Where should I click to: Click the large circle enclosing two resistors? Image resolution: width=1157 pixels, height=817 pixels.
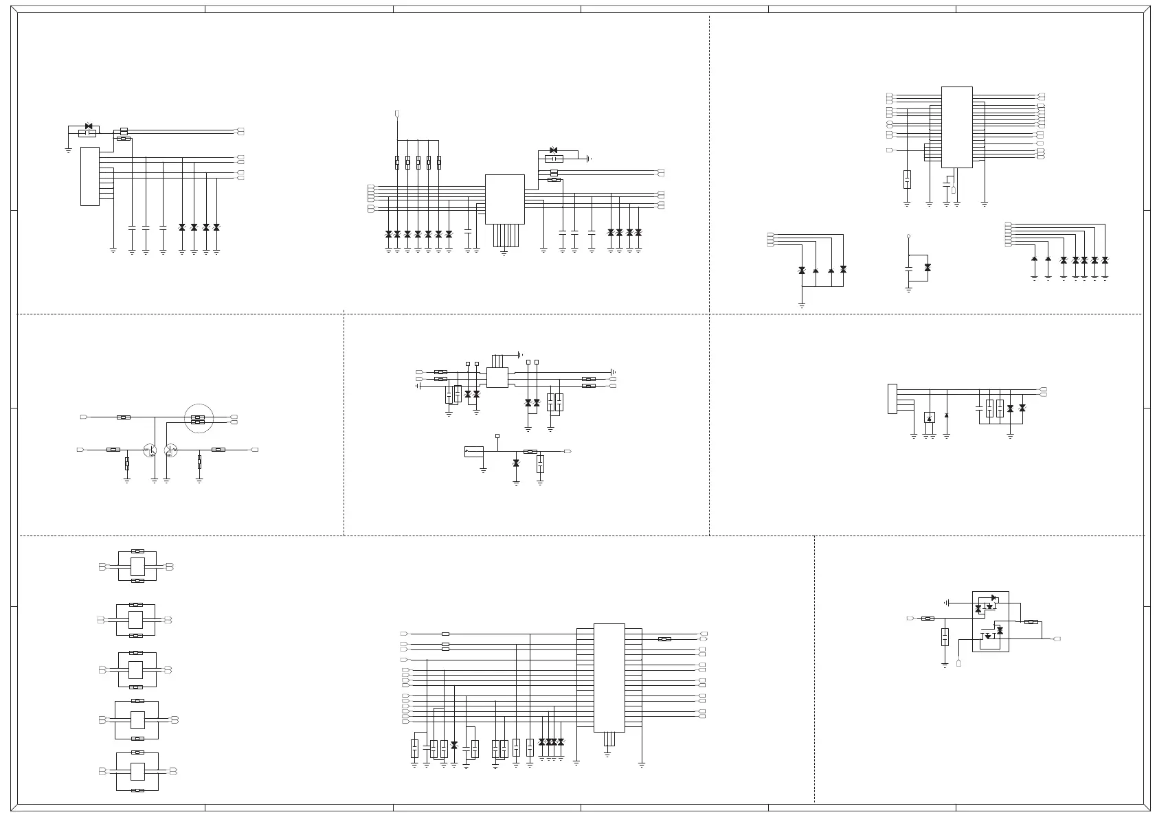[199, 418]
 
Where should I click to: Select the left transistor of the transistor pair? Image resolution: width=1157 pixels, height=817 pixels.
[150, 450]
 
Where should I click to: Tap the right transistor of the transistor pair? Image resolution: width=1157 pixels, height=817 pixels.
[170, 450]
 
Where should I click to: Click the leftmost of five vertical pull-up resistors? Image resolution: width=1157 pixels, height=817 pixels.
[397, 163]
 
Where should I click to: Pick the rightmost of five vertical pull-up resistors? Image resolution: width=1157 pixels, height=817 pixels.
[439, 163]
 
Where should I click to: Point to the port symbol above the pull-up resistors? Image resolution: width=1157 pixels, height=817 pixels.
[397, 113]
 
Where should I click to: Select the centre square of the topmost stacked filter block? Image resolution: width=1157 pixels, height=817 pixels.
[137, 566]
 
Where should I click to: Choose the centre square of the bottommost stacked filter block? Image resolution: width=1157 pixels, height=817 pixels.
[137, 771]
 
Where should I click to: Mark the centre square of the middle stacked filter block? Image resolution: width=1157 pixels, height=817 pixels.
[137, 669]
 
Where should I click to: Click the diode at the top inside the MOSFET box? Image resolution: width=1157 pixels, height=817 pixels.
[993, 598]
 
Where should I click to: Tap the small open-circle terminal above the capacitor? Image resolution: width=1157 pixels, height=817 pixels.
[908, 236]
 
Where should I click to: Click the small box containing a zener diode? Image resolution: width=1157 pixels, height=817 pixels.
[930, 417]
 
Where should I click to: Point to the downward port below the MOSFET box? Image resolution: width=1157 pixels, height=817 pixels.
[958, 663]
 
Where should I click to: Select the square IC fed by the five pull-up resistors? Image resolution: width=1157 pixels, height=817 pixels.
[504, 199]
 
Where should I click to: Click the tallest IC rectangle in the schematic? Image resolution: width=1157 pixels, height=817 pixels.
[609, 678]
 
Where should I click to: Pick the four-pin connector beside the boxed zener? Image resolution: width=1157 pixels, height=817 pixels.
[892, 399]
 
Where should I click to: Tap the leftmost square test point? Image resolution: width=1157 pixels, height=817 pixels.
[468, 363]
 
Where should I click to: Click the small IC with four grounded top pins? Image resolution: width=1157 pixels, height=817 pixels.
[497, 378]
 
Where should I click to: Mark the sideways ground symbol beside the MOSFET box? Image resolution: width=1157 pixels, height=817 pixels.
[947, 602]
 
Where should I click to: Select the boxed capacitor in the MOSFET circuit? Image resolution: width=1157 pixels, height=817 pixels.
[945, 636]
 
